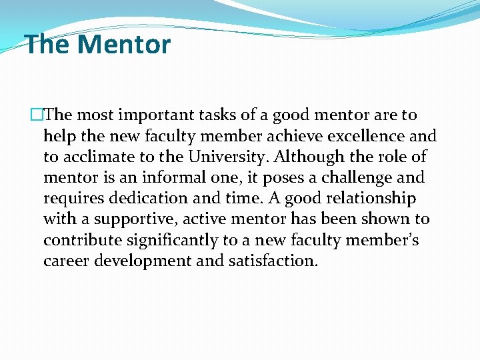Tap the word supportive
tap(138, 219)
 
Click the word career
tap(65, 261)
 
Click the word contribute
tap(79, 240)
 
